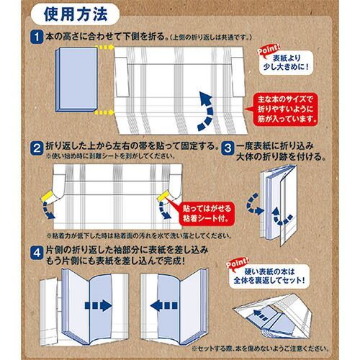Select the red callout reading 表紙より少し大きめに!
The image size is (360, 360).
(295, 60)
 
